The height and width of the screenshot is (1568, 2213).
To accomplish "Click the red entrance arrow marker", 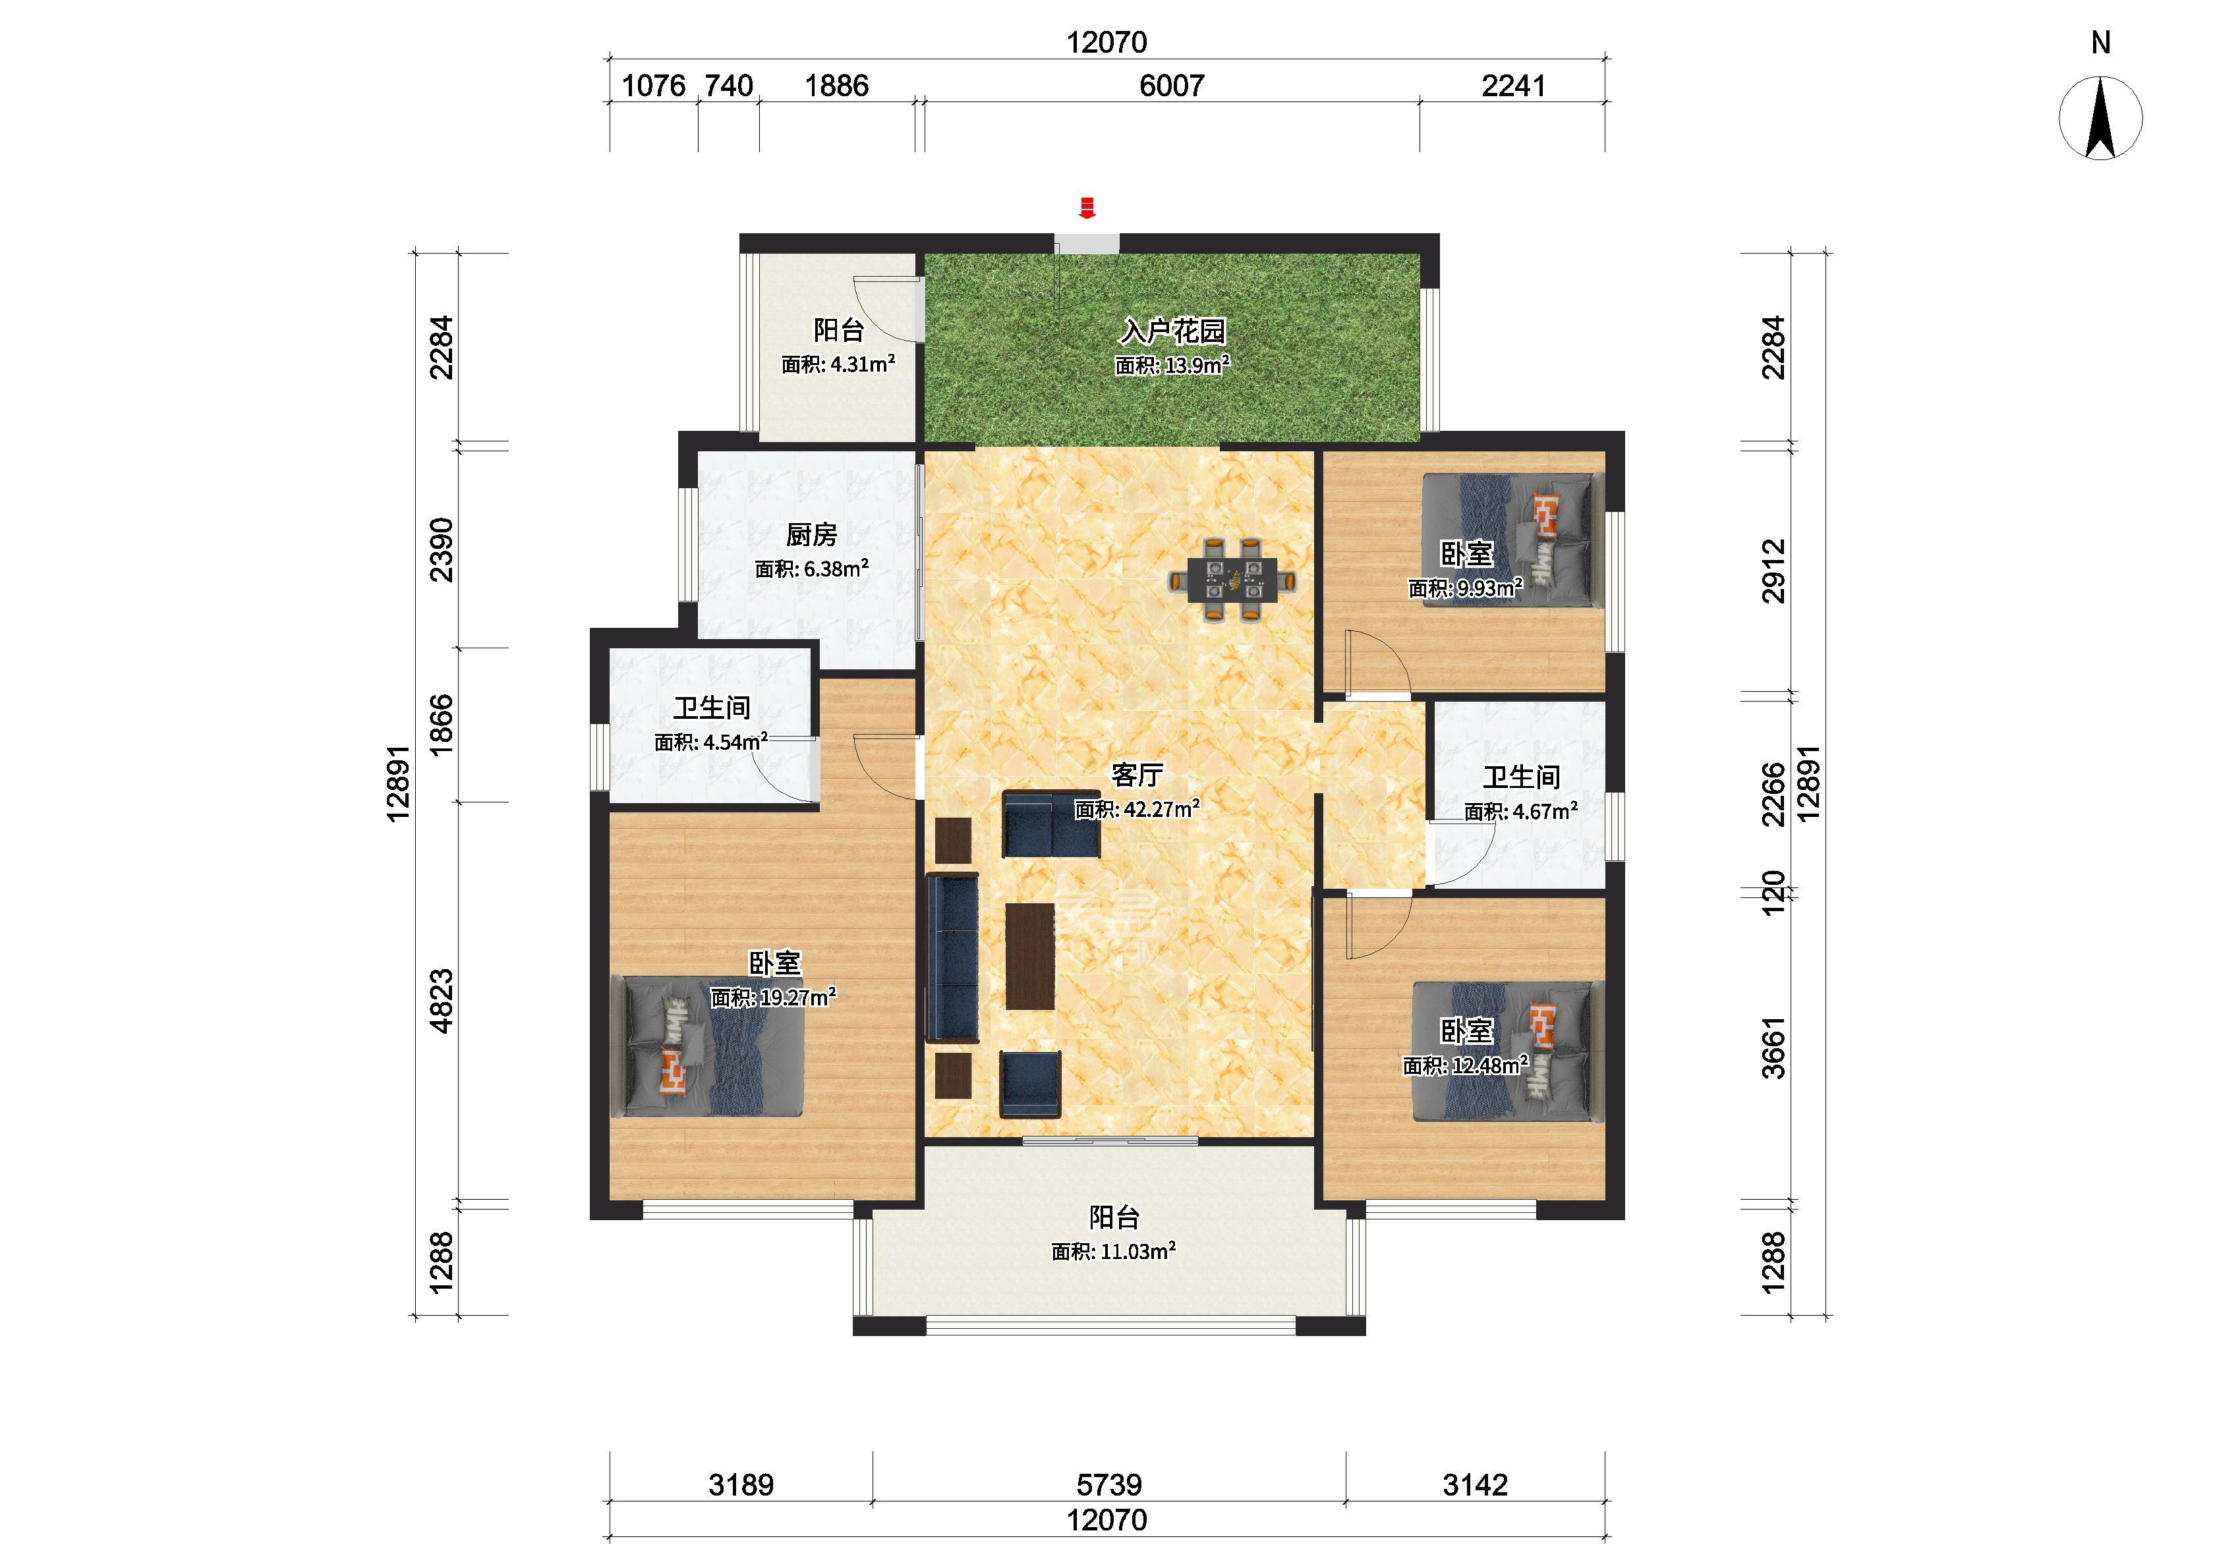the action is click(x=1087, y=208).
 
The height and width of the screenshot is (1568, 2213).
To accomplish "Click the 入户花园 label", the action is click(x=1172, y=331).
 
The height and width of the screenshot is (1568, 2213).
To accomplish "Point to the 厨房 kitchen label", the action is click(x=811, y=534).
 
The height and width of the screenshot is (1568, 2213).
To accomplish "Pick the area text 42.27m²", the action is click(x=1160, y=809).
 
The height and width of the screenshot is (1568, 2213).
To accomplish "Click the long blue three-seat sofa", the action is click(x=953, y=958).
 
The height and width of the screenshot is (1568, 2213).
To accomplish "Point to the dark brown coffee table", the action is click(x=1030, y=956).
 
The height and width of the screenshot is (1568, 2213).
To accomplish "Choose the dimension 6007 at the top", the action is click(x=1171, y=86).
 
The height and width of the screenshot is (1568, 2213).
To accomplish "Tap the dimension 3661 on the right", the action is click(x=1773, y=1048).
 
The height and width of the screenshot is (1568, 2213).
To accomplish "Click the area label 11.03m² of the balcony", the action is click(x=1135, y=1251).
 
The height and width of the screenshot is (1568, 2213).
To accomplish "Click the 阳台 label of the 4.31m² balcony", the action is click(x=838, y=330).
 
